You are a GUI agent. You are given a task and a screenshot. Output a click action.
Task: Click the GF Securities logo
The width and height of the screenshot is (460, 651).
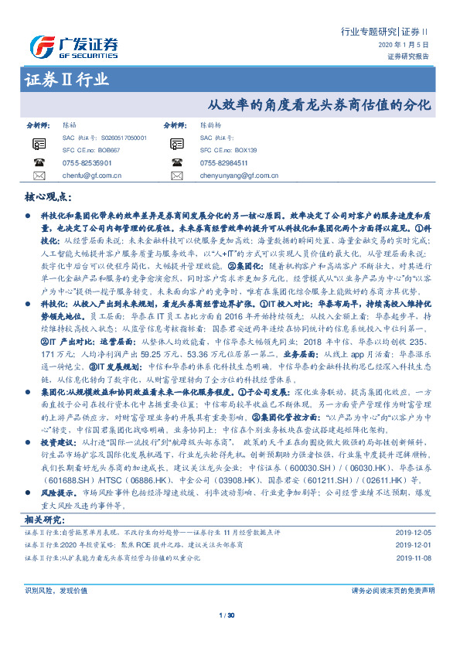[x=73, y=44]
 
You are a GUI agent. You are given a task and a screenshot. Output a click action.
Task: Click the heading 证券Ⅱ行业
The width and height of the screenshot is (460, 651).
[x=66, y=79]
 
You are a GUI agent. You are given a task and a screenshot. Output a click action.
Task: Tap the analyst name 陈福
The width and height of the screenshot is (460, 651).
[x=69, y=124]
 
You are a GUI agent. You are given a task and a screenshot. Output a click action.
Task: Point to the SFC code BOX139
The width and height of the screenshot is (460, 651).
[x=242, y=150]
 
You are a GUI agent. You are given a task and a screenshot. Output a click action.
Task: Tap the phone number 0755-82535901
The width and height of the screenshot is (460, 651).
[x=87, y=163]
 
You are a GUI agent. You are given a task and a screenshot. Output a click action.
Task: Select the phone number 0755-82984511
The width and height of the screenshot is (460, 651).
[x=223, y=163]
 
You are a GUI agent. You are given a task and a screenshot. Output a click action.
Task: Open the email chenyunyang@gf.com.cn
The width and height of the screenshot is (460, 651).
[x=237, y=176]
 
